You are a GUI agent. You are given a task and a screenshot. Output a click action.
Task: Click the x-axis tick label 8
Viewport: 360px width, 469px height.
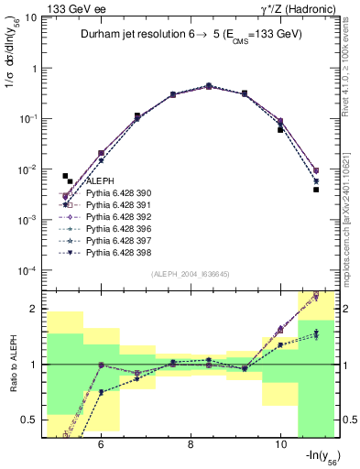coord(190,442)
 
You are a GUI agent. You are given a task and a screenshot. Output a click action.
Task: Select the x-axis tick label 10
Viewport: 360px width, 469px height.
coord(280,442)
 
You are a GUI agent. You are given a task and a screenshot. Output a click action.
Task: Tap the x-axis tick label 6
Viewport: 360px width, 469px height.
coord(99,442)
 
